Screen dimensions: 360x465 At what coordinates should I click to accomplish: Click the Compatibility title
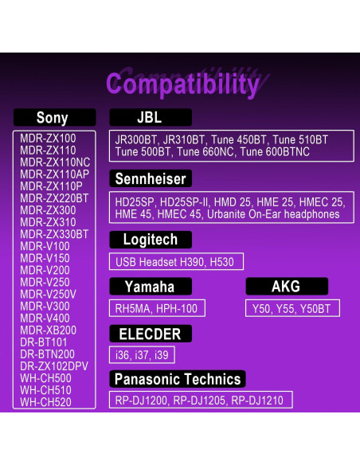click(x=182, y=84)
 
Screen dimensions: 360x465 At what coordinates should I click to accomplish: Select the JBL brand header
click(x=151, y=117)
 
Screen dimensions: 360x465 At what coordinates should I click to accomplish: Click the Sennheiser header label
click(x=151, y=178)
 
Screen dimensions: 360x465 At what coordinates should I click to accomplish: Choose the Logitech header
click(x=151, y=240)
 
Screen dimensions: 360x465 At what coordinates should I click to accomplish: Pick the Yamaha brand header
click(x=151, y=287)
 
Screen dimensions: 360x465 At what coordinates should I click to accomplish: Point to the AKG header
click(x=287, y=287)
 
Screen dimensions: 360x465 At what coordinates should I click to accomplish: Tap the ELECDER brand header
click(x=151, y=334)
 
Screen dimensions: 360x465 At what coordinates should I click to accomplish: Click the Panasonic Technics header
click(x=178, y=379)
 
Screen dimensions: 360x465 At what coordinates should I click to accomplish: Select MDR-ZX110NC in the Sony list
click(x=55, y=162)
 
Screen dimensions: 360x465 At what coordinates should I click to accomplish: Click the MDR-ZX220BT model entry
click(x=54, y=198)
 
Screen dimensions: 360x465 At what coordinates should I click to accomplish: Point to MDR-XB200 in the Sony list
click(x=49, y=330)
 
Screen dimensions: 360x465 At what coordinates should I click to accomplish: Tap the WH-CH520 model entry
click(x=45, y=402)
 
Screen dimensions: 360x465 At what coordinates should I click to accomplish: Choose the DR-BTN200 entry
click(x=48, y=354)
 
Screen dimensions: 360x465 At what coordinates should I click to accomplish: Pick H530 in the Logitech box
click(x=221, y=262)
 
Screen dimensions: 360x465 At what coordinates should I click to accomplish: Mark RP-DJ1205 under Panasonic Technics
click(x=199, y=401)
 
